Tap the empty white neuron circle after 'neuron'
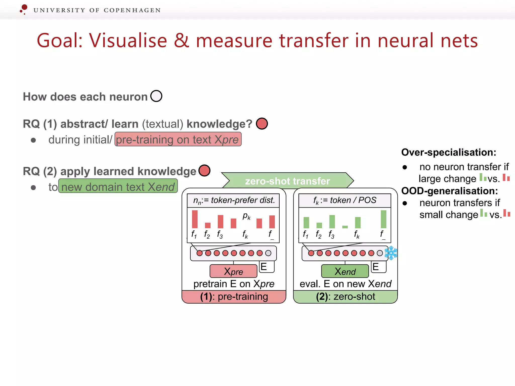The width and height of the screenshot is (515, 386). (x=156, y=96)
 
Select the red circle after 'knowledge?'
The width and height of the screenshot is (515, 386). (x=262, y=124)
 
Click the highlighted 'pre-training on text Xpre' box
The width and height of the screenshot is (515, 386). (x=178, y=139)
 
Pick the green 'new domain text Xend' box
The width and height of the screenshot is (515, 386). (x=118, y=186)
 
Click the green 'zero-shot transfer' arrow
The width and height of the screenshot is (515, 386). (x=287, y=181)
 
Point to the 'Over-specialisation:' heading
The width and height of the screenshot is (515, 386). (x=449, y=152)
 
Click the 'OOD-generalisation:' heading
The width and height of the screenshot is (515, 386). (x=449, y=191)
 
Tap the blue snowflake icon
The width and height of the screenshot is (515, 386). (x=391, y=253)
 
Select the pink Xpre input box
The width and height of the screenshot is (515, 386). (x=233, y=271)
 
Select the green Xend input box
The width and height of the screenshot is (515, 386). (x=345, y=271)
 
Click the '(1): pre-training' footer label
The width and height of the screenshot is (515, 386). (x=234, y=297)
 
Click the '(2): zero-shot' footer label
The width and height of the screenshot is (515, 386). (x=346, y=297)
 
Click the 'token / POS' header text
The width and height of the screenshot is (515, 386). (x=345, y=200)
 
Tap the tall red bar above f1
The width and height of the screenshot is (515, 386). (x=195, y=219)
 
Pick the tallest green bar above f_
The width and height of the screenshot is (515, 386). (x=383, y=219)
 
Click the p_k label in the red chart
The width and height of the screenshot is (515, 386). (x=246, y=216)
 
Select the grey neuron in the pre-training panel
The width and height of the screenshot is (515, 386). (x=268, y=253)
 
